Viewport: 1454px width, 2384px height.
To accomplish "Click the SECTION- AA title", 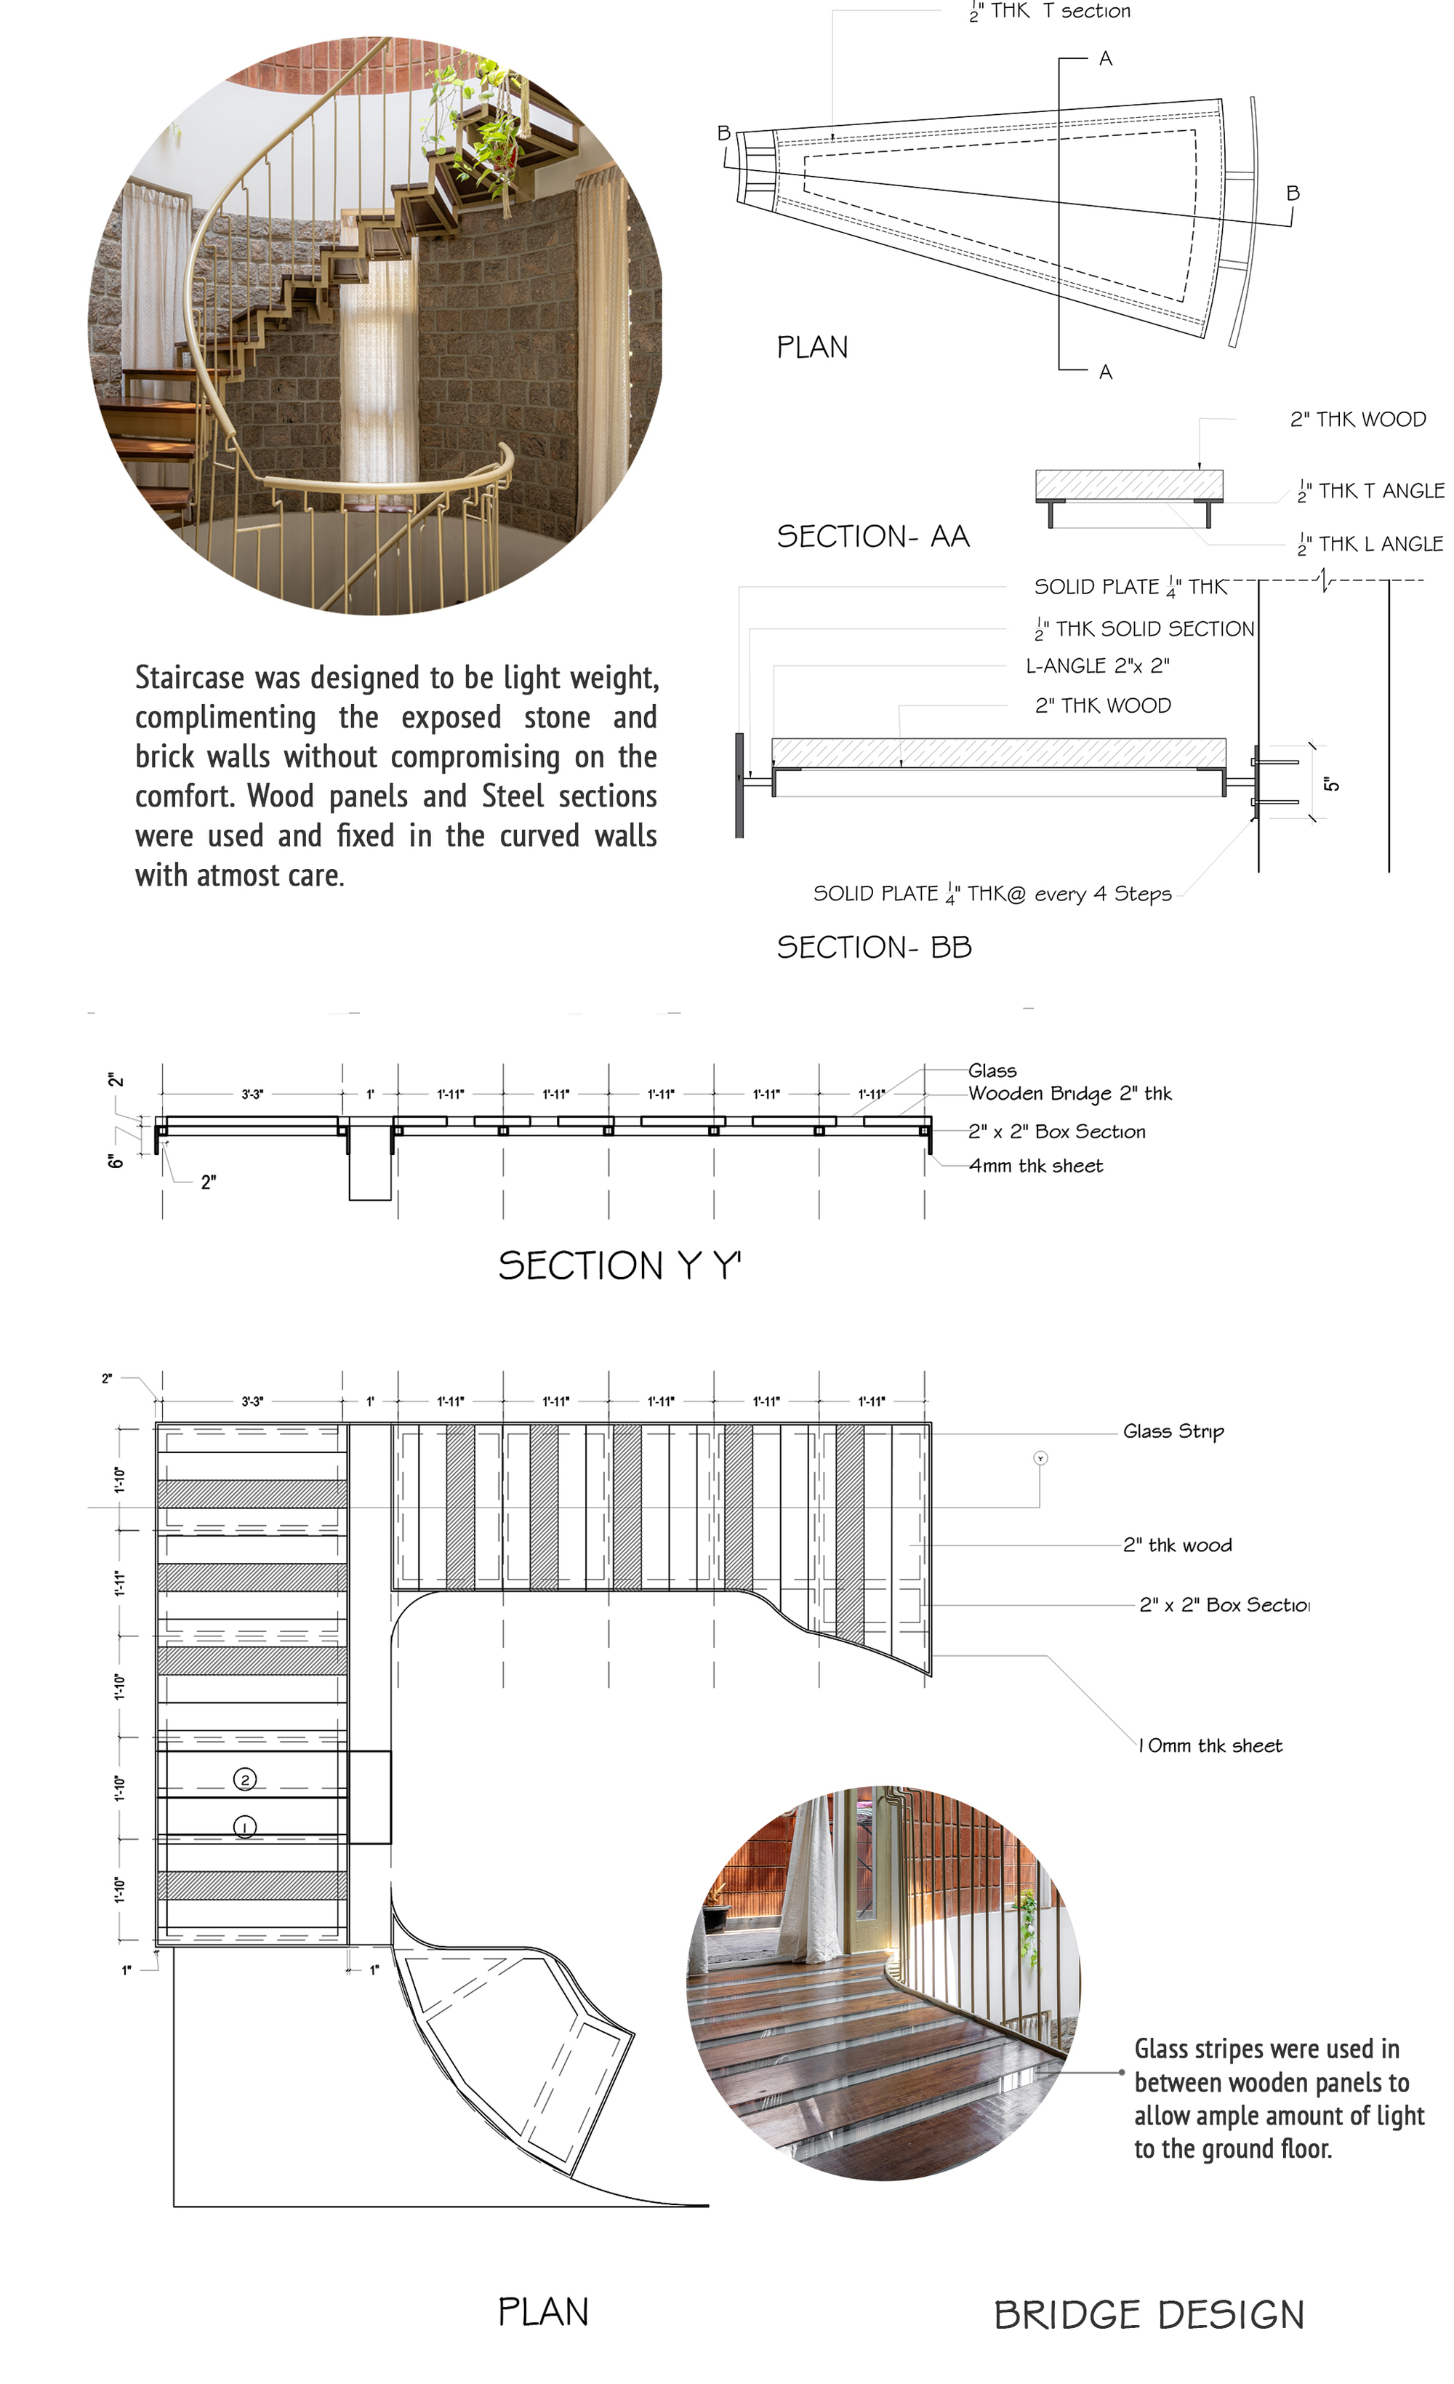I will point(872,536).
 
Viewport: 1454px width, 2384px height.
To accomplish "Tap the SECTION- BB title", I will point(874,947).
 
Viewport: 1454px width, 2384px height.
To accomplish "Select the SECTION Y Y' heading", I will point(619,1265).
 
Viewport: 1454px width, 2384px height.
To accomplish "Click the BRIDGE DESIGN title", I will point(1149,2314).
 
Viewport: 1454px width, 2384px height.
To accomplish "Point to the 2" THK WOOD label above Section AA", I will point(1357,419).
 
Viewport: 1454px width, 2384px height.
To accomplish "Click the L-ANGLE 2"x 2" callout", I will point(1097,665).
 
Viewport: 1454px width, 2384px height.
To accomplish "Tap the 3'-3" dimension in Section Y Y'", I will point(252,1095).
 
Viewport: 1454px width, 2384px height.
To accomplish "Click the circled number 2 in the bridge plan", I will point(245,1780).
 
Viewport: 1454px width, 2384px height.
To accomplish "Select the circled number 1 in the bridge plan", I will point(245,1827).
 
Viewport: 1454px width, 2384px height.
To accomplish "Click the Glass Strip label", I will point(1173,1431).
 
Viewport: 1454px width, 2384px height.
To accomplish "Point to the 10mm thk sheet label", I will point(1210,1745).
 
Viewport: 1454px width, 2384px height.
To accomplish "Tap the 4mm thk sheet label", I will point(1035,1166).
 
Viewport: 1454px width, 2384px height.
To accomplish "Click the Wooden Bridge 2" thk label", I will point(1069,1093).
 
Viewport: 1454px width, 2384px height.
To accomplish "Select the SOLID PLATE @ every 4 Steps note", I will point(992,894).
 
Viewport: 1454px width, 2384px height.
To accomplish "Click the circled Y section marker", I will point(1040,1458).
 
